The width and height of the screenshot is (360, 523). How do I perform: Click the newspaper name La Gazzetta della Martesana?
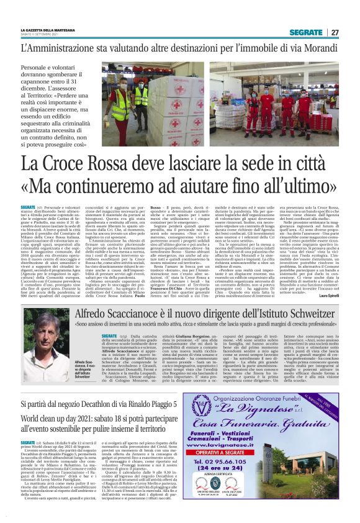tap(47, 30)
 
